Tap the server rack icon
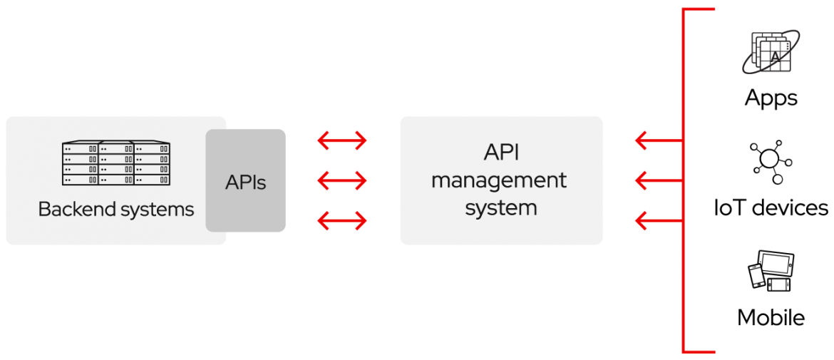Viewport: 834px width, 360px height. point(116,163)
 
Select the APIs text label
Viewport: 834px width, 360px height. point(246,182)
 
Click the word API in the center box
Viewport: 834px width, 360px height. point(501,153)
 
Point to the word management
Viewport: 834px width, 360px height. point(499,180)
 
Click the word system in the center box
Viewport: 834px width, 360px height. point(501,208)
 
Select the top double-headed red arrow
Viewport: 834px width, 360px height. point(342,141)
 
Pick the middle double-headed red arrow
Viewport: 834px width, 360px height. point(342,182)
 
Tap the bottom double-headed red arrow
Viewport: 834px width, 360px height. point(342,222)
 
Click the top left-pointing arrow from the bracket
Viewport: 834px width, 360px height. point(657,141)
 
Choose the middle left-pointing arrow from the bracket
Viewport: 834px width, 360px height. point(657,182)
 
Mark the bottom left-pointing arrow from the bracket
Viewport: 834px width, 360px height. point(657,222)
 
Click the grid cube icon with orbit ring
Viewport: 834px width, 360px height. point(771,52)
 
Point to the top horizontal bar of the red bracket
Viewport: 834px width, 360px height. point(699,10)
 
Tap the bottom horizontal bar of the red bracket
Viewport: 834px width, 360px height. point(699,351)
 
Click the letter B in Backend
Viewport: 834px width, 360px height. point(43,210)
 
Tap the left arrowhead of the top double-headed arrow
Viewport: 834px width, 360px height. point(322,141)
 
